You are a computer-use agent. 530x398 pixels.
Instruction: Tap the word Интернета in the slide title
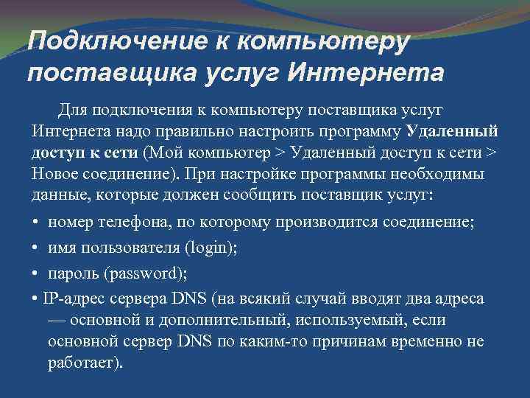[367, 74]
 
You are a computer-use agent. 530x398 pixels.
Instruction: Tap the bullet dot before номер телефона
[36, 223]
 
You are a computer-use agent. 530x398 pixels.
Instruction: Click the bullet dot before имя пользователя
[36, 248]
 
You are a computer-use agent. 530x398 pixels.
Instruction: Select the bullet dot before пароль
[36, 273]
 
